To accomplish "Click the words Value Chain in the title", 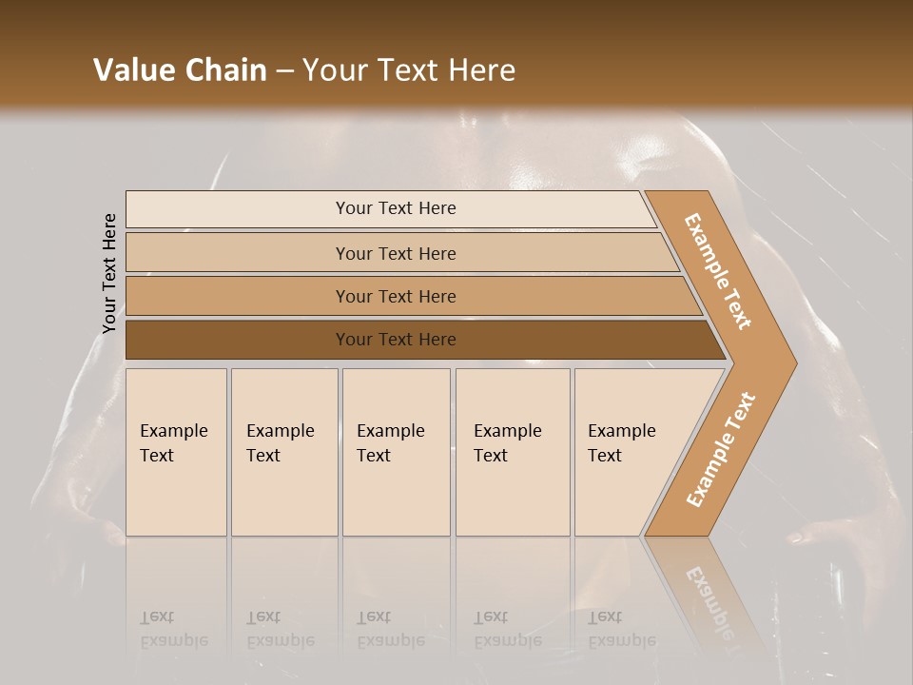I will click(x=180, y=70).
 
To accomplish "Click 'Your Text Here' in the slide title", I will click(x=409, y=70).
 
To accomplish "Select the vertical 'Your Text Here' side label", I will click(x=109, y=273).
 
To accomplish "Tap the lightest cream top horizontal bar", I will click(x=285, y=209).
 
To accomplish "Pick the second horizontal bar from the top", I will click(x=285, y=253).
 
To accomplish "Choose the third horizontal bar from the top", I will click(x=285, y=297).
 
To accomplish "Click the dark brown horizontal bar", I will click(x=238, y=340).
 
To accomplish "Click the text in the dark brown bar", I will click(x=396, y=340).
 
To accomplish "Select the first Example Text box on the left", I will click(x=176, y=452).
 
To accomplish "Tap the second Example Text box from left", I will click(x=284, y=452).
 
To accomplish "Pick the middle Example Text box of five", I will click(x=396, y=452).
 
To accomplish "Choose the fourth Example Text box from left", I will click(x=513, y=452).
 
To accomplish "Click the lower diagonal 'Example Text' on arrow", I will click(x=721, y=450).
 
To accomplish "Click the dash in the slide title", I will click(x=284, y=71).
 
